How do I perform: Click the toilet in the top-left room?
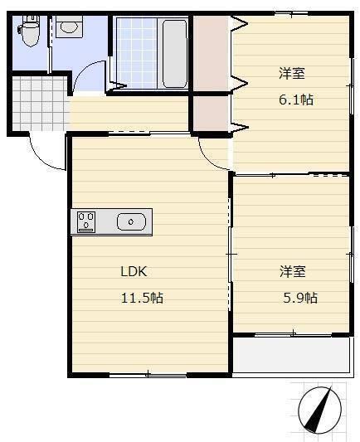click(x=30, y=32)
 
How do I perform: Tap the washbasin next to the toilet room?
click(x=68, y=27)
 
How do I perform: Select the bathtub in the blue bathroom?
click(x=174, y=51)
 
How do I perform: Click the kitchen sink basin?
click(x=132, y=221)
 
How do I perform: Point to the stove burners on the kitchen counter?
click(x=86, y=221)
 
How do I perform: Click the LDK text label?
click(x=134, y=271)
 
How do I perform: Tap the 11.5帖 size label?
click(x=142, y=298)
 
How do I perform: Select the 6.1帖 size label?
click(x=294, y=100)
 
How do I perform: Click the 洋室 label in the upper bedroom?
click(x=291, y=73)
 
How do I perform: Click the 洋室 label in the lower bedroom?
click(x=292, y=271)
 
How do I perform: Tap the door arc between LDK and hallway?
click(x=211, y=149)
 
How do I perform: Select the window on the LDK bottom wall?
click(x=148, y=375)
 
